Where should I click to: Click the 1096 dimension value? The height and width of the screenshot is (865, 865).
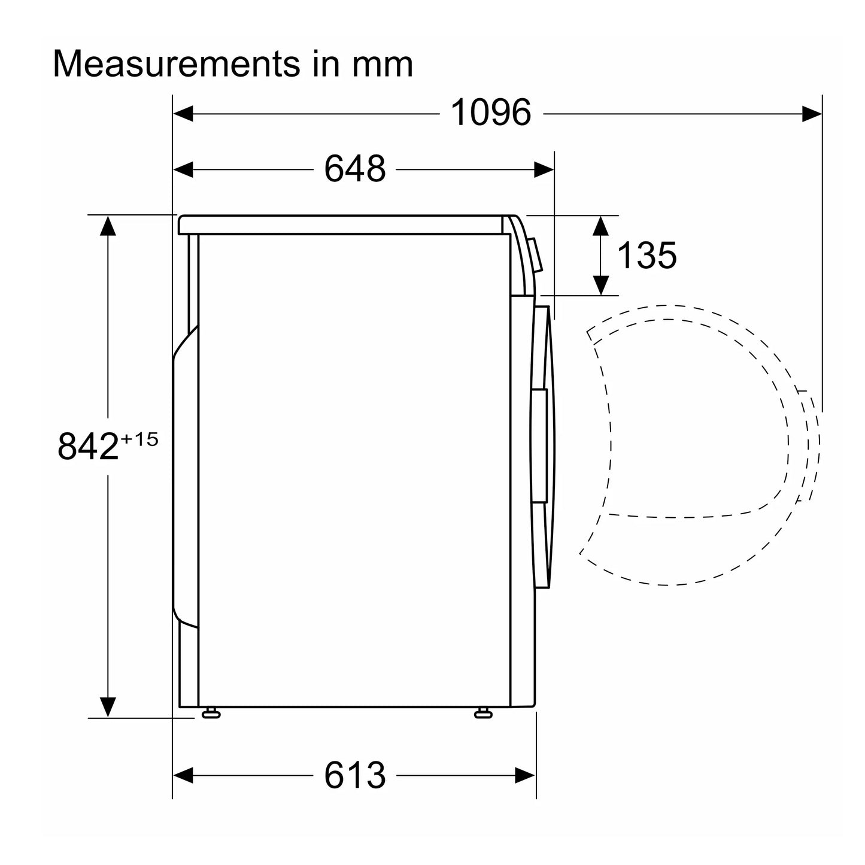490,113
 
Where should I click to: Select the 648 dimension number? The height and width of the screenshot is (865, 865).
355,169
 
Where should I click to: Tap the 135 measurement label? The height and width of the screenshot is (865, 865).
647,256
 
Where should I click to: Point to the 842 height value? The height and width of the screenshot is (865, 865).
88,447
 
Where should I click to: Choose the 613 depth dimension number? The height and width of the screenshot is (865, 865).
355,775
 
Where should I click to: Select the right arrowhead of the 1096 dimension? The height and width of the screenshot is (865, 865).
812,113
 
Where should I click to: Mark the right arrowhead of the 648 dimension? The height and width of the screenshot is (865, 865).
544,169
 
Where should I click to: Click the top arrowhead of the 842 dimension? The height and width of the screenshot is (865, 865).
108,225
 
